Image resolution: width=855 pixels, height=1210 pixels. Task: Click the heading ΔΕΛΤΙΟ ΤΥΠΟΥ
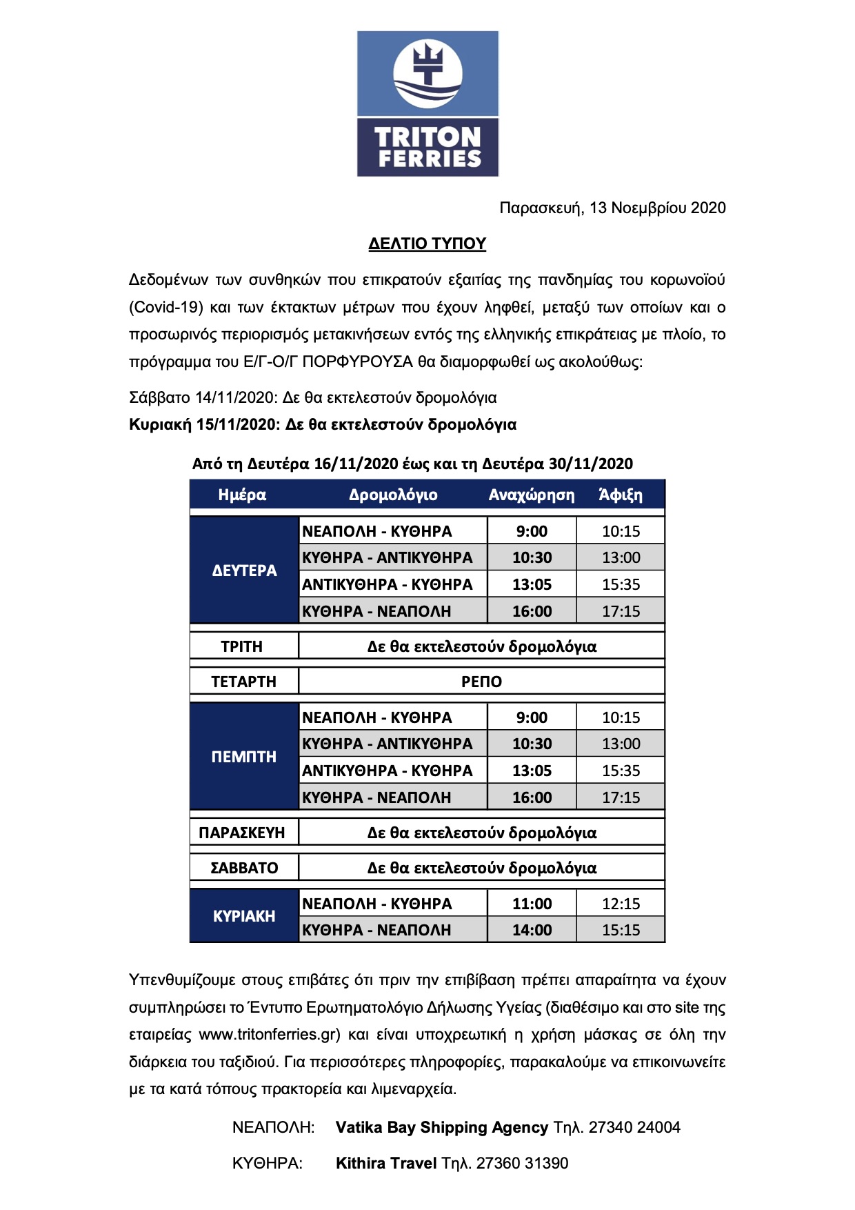coord(428,244)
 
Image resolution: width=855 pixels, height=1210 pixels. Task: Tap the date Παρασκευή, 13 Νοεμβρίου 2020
coord(612,208)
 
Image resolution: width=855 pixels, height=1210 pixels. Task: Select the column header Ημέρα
coord(242,495)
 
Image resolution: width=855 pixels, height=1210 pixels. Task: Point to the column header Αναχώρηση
coord(531,495)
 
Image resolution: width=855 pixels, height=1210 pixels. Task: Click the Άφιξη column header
coord(621,495)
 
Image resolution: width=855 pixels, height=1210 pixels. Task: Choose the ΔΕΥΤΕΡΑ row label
coord(244,571)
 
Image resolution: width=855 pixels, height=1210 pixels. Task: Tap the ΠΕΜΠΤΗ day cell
coord(244,757)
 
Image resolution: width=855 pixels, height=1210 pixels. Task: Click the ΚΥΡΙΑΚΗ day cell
coord(244,916)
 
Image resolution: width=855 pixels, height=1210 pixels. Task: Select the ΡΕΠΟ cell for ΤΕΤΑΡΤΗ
coord(481,682)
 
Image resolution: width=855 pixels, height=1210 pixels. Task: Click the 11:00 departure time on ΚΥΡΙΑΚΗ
coord(532,904)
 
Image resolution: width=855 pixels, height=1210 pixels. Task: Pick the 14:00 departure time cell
coord(532,930)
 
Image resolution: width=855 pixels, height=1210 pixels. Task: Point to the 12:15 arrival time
coord(621,904)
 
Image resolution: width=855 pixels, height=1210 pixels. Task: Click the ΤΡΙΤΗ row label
coord(242,646)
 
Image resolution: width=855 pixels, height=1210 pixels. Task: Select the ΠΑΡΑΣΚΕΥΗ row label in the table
coord(242,833)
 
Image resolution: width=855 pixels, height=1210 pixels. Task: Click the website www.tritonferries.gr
coord(270,1034)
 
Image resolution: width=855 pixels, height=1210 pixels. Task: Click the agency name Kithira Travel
coord(386,1163)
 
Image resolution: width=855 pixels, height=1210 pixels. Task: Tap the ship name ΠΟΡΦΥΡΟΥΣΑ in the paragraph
coord(357,361)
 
